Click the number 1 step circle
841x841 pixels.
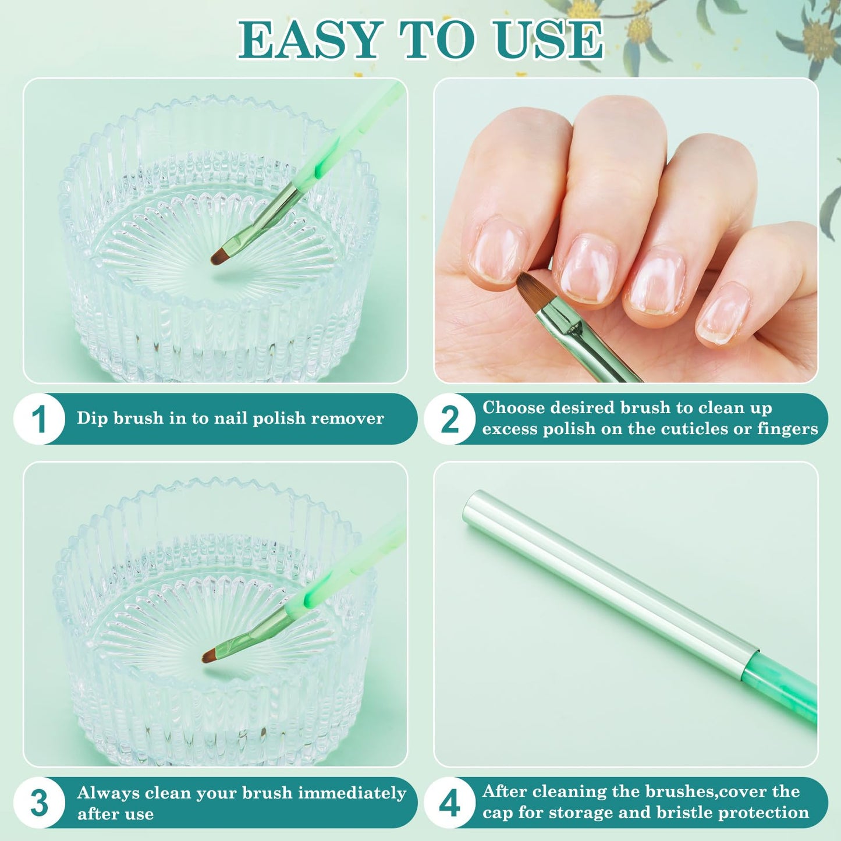[39, 419]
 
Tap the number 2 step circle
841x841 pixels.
[450, 419]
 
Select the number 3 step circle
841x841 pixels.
[39, 803]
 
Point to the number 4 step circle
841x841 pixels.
[450, 803]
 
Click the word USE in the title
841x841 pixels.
[549, 40]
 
